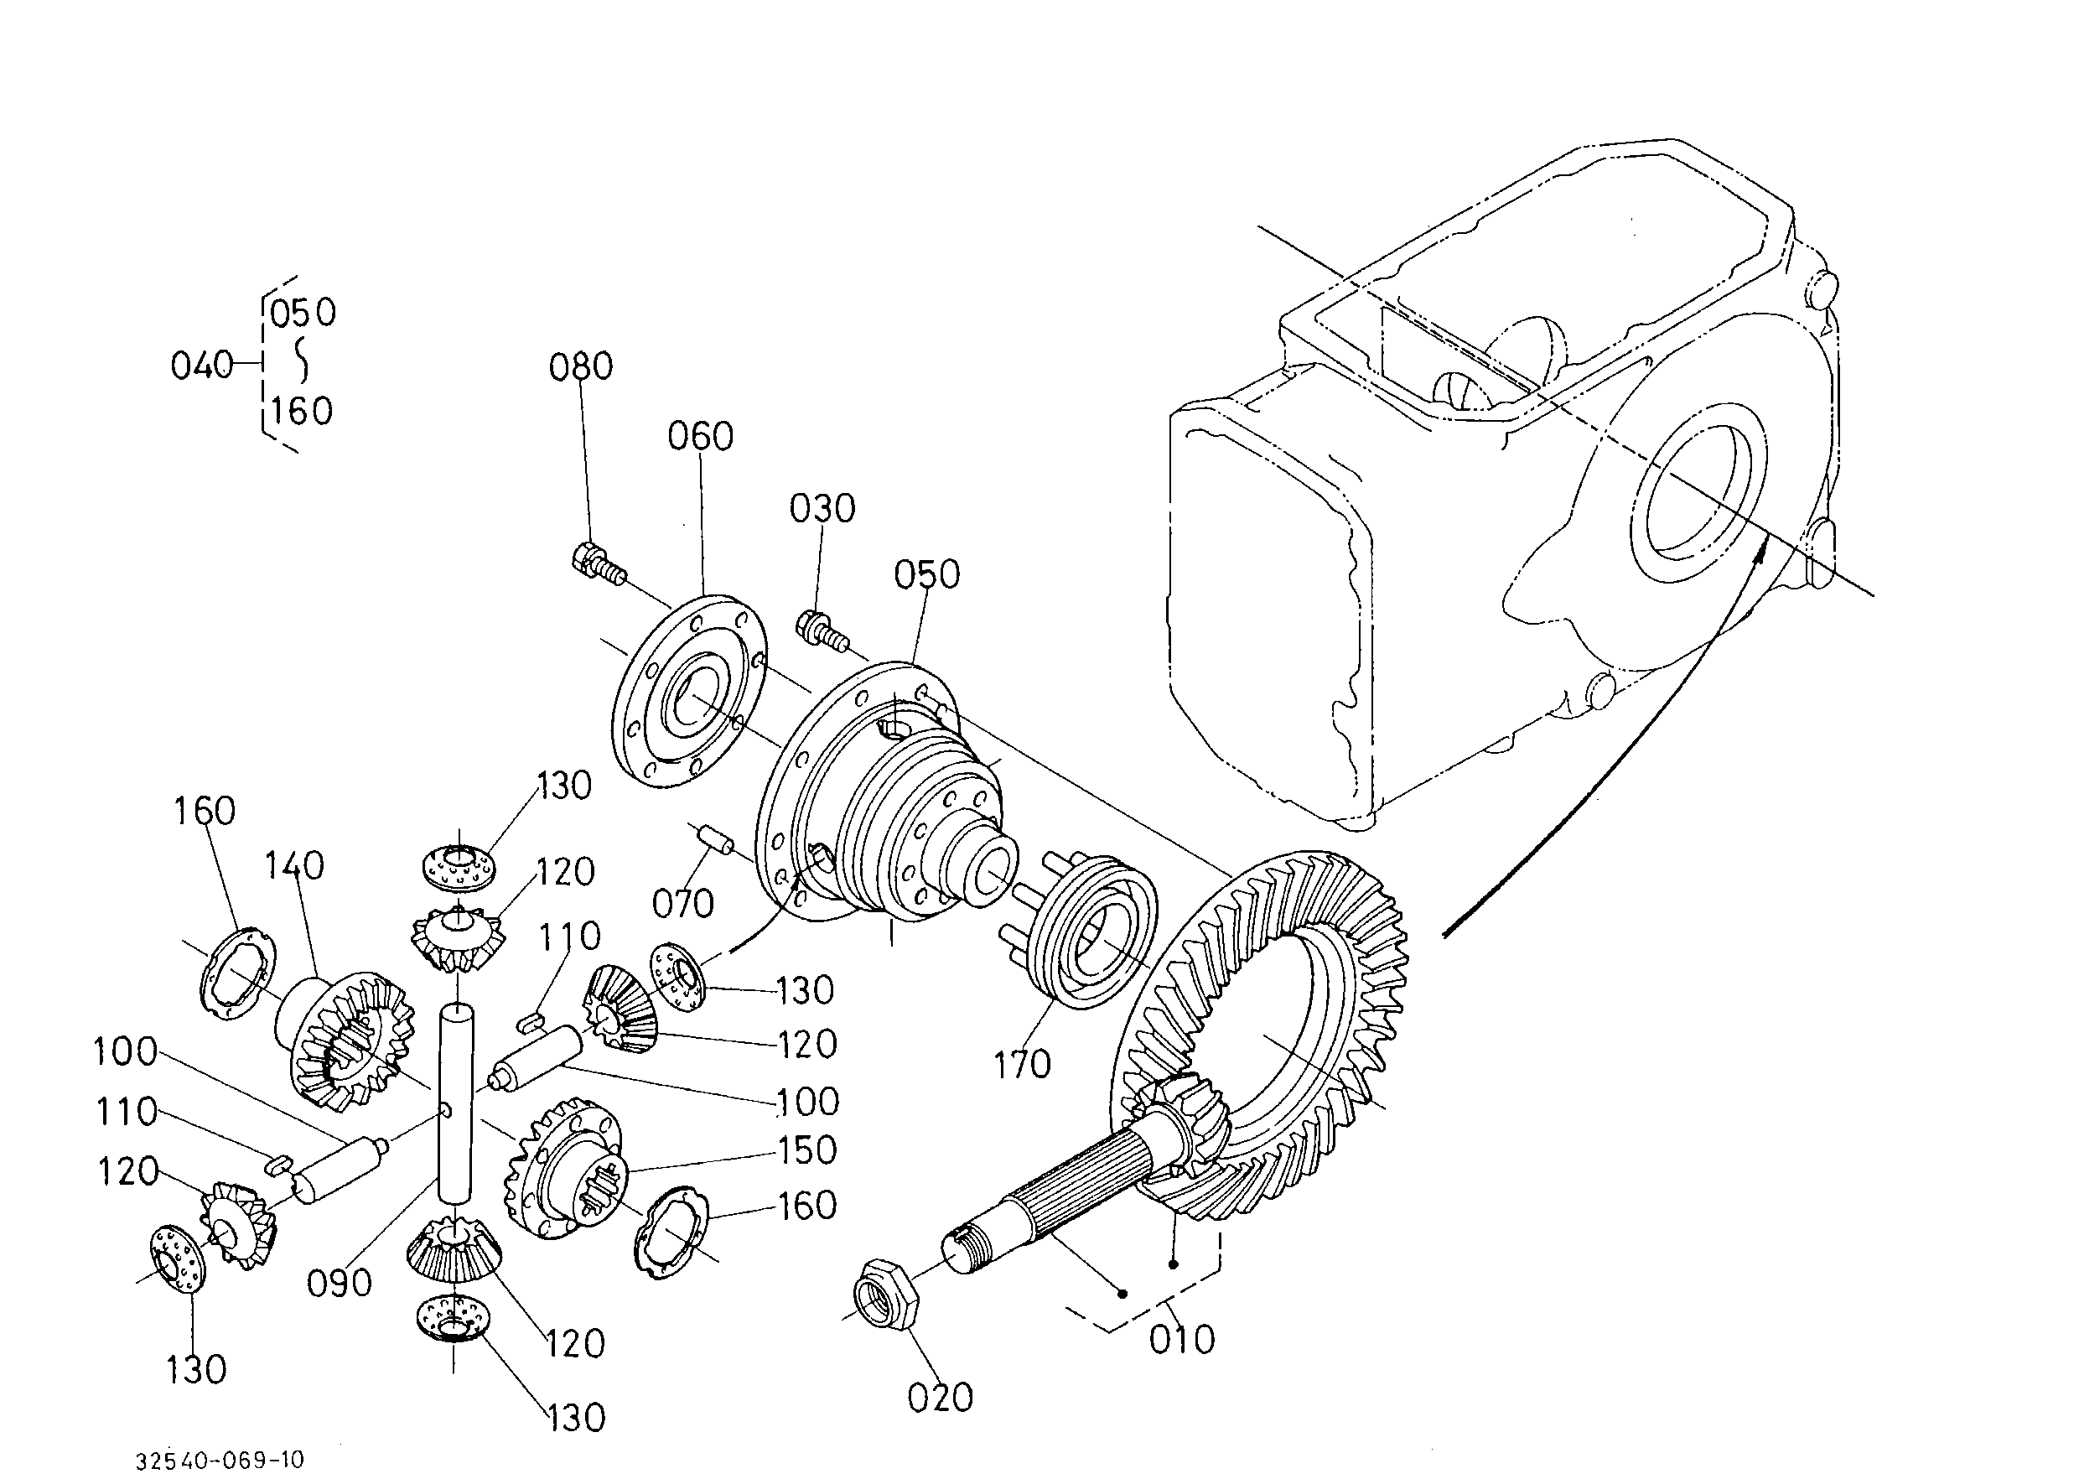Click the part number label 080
point(580,366)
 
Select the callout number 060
point(700,436)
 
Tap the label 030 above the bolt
point(822,509)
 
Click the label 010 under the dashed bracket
point(1182,1340)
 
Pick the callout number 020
point(941,1397)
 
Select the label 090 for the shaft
point(340,1283)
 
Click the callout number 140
point(294,866)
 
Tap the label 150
point(806,1150)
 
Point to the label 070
point(683,905)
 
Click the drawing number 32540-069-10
point(220,1461)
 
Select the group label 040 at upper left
point(202,366)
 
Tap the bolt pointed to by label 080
point(599,563)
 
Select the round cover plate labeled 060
point(687,691)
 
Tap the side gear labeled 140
point(345,1042)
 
